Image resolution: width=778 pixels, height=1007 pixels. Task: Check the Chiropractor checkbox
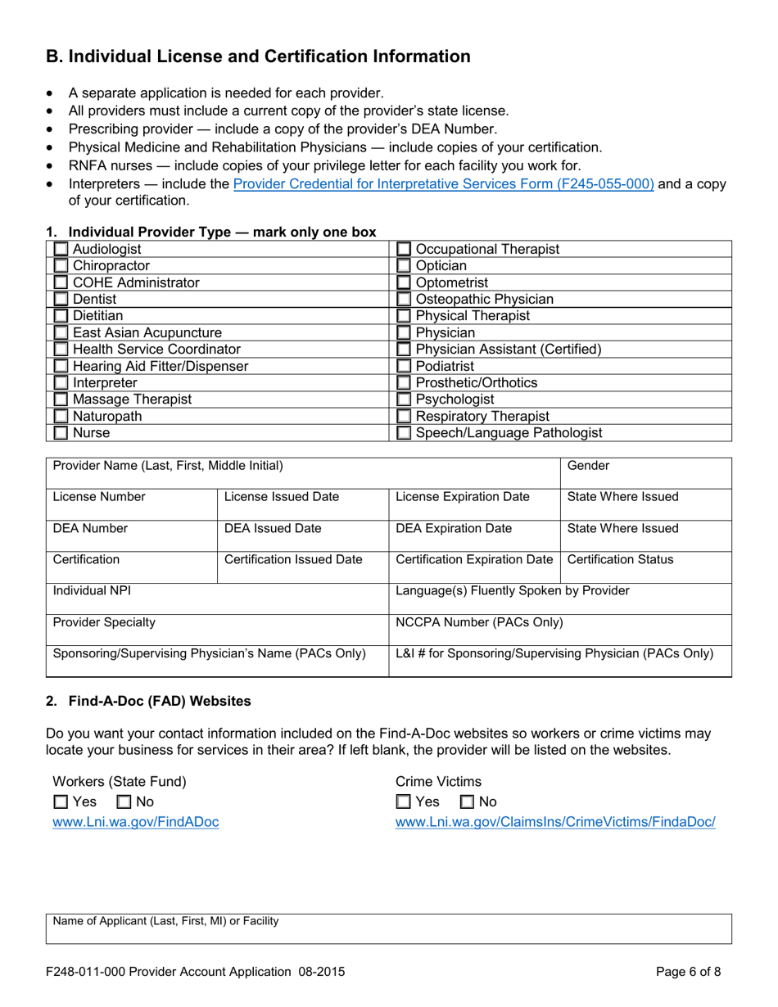click(61, 266)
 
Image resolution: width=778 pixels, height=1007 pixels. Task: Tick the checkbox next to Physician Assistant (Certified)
click(404, 350)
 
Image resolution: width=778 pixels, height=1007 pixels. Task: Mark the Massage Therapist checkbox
click(61, 400)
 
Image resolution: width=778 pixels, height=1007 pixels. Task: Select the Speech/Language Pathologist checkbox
click(404, 433)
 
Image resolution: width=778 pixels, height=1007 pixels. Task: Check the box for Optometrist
click(404, 282)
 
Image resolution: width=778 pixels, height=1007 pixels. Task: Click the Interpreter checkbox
click(61, 383)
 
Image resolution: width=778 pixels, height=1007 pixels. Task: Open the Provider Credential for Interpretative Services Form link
click(443, 184)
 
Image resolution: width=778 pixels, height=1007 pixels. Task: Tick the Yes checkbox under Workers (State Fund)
click(60, 802)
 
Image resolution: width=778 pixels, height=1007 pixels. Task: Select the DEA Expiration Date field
click(474, 536)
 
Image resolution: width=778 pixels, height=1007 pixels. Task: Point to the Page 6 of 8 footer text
click(689, 973)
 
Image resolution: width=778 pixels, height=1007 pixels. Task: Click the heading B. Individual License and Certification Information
click(258, 56)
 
